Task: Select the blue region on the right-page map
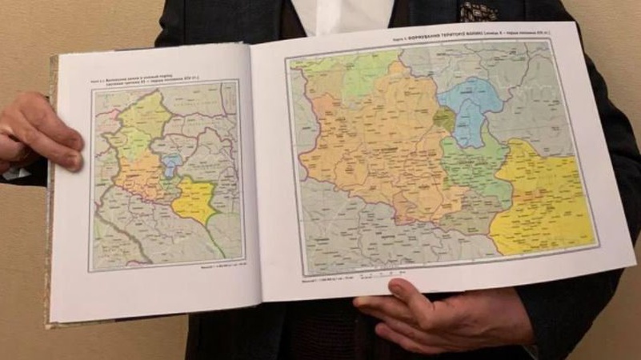pyautogui.click(x=472, y=108)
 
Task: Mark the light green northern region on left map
pyautogui.click(x=144, y=116)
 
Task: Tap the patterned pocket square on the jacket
pyautogui.click(x=479, y=10)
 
